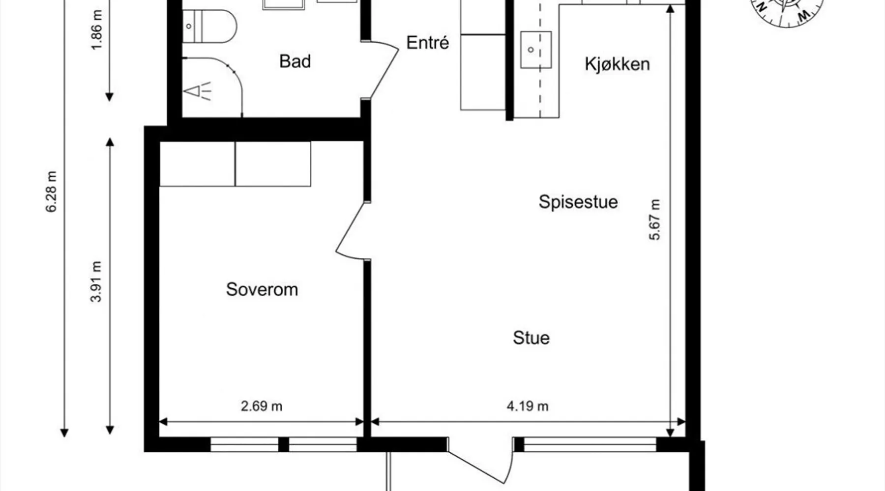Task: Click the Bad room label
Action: point(295,61)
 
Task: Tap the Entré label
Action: point(428,43)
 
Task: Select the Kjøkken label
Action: point(617,64)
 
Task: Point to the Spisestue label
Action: point(578,202)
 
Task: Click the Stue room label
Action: point(531,338)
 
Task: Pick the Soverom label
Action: point(262,289)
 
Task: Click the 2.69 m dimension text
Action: point(262,406)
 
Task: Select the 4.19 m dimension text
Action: point(528,406)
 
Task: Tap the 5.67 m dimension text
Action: point(655,219)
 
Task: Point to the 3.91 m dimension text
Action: point(96,281)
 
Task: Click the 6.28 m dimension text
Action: point(52,191)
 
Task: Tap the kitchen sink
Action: point(535,50)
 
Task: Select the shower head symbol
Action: point(197,91)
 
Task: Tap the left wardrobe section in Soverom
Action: point(197,164)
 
